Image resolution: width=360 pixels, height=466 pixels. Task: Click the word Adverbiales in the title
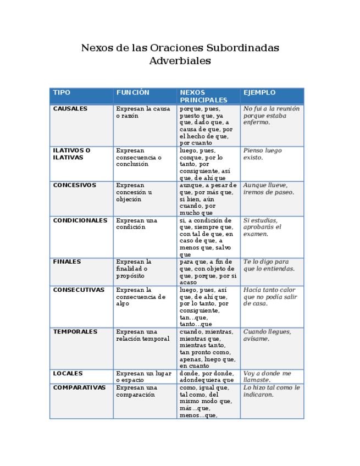[x=180, y=61]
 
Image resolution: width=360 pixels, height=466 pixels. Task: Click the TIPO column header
[x=62, y=93]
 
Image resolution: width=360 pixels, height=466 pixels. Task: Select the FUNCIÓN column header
[x=132, y=93]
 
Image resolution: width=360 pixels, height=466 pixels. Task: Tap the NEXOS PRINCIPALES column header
[x=203, y=96]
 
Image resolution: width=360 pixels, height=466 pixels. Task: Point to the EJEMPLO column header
[x=259, y=93]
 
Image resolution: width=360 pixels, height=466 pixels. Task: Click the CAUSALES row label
[x=70, y=109]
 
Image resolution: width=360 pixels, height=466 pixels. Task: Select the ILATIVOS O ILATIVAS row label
[x=71, y=154]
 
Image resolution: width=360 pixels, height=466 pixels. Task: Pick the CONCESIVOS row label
[x=74, y=185]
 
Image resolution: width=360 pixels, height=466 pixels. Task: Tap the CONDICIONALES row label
[x=80, y=220]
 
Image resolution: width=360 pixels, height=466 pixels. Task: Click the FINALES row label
[x=67, y=262]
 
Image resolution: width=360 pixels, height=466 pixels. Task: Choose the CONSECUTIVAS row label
[x=79, y=290]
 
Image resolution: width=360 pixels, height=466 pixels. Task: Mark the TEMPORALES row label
[x=75, y=331]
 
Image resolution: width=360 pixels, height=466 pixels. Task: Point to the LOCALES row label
[x=68, y=373]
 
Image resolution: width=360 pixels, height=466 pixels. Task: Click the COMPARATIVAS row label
[x=79, y=387]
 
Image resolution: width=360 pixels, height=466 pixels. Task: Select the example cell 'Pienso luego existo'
[x=262, y=154]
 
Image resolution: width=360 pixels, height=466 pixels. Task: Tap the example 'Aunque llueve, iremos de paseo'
[x=269, y=189]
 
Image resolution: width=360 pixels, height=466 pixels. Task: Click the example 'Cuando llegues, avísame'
[x=267, y=335]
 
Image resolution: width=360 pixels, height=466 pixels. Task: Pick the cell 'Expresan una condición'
[x=136, y=224]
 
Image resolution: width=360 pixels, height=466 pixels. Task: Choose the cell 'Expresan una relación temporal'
[x=142, y=335]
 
